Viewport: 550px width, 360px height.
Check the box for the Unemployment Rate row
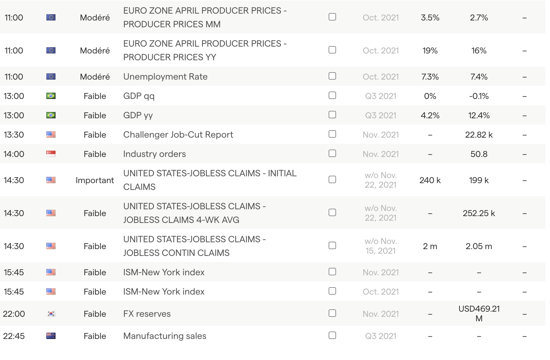coord(332,76)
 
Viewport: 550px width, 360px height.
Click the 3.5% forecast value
coord(430,18)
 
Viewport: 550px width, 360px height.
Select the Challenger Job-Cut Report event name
coord(178,135)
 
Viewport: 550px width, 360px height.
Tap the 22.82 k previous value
coord(479,135)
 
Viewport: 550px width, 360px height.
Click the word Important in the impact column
coord(95,180)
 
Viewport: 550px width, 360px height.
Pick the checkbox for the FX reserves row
coord(332,313)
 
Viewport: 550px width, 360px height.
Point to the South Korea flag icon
coord(51,314)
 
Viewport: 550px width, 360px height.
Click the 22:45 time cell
coord(14,336)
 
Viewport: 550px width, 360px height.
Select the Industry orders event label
coord(154,154)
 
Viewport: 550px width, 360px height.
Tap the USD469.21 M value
coord(479,313)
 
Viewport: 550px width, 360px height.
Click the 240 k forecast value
coord(430,180)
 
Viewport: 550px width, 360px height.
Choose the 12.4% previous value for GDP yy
coord(479,115)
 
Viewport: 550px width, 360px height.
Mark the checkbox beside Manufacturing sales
coord(332,336)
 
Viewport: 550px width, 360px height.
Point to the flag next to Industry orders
coord(51,154)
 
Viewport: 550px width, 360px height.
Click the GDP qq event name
coord(139,96)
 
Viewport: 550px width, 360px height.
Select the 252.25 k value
coord(479,213)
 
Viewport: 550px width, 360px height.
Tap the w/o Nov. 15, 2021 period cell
coord(380,246)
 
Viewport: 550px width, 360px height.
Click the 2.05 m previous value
coord(479,246)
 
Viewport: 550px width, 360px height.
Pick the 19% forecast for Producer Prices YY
coord(430,51)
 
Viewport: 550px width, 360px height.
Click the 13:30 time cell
coord(14,135)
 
